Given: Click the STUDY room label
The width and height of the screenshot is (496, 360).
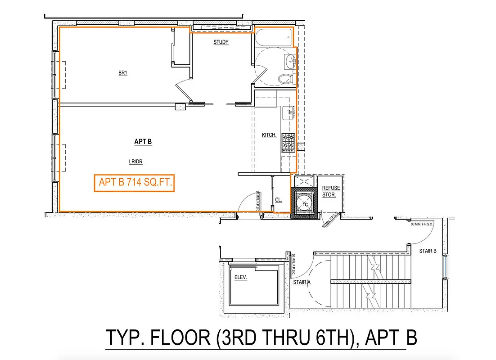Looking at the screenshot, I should (221, 42).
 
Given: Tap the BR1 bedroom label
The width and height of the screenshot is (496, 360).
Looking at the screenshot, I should (122, 73).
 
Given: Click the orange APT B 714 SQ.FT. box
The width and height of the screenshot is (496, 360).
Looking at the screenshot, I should (134, 183).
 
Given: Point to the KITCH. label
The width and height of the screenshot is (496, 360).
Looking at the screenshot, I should (269, 135).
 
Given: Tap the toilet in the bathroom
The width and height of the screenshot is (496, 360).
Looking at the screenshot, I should (286, 79).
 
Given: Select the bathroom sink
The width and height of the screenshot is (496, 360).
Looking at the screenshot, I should (290, 59).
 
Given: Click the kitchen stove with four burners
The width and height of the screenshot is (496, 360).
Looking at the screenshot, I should (288, 143).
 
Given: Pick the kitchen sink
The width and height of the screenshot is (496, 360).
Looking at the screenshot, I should (288, 113).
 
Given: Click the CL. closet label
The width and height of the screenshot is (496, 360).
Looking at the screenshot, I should (278, 200).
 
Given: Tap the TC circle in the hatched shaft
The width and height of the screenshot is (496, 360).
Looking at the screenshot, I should (305, 203).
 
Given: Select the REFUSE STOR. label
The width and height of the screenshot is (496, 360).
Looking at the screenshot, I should (331, 192).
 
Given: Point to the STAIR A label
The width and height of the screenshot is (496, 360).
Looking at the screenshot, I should (302, 283).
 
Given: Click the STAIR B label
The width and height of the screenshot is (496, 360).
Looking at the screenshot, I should (428, 251).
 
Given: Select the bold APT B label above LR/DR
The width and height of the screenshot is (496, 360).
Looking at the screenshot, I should (143, 142).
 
